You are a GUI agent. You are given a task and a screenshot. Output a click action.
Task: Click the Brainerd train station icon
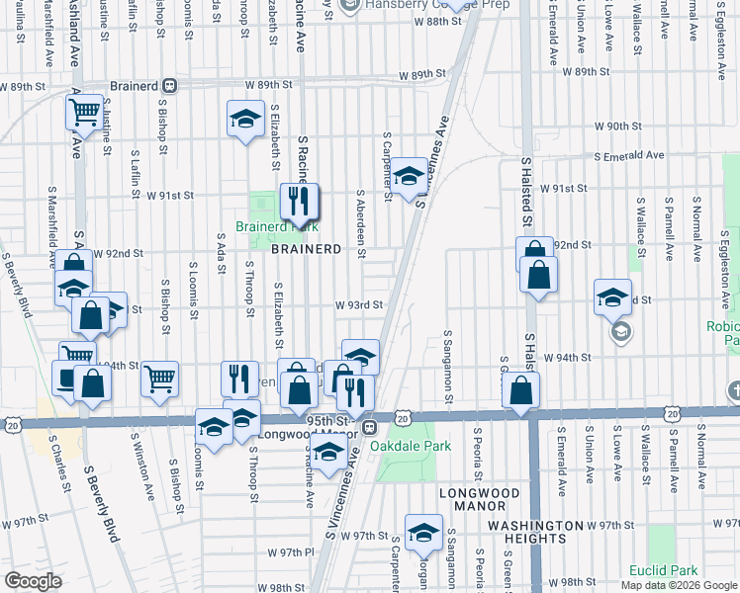click(170, 85)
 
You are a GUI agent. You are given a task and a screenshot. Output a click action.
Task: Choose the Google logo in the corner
click(33, 581)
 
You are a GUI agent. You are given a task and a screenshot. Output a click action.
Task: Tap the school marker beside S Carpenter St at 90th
click(407, 176)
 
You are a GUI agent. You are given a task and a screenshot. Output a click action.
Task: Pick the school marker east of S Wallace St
click(612, 296)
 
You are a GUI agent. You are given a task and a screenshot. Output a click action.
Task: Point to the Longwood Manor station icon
click(367, 428)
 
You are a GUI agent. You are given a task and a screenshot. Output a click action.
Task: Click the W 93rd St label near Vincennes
click(358, 305)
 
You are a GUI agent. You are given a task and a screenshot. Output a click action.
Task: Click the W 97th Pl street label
click(291, 551)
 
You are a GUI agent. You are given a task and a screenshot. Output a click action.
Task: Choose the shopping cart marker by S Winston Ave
click(158, 379)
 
